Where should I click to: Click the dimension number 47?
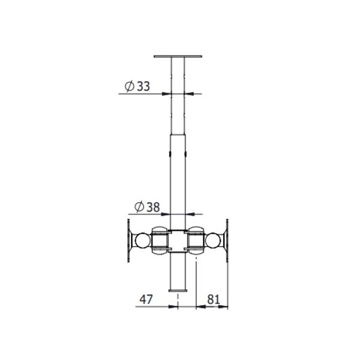coord(146,299)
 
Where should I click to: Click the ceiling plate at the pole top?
coord(177,56)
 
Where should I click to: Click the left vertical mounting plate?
coord(130,240)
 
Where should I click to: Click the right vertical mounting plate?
coord(227,240)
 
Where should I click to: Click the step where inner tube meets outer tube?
coord(178,134)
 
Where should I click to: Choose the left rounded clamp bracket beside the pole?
coord(160,240)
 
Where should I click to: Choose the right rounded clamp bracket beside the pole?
coord(196,240)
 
